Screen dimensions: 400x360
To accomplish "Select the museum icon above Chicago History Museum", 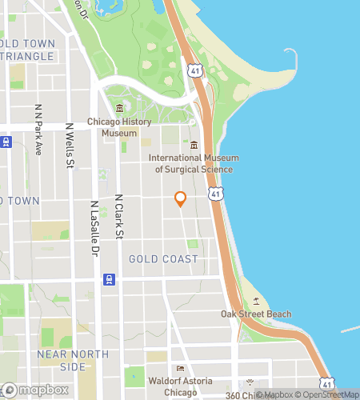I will point(119,109).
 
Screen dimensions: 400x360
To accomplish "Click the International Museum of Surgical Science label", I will point(194,163).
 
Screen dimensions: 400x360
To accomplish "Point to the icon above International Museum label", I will point(194,144).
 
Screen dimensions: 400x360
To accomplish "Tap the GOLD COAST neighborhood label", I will point(163,259).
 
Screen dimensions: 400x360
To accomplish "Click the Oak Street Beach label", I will point(256,314).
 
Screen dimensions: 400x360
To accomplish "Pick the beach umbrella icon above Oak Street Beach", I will point(256,301).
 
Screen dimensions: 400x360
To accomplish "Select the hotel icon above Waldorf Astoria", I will point(180,369).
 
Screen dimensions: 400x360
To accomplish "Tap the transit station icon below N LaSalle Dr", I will point(108,279).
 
